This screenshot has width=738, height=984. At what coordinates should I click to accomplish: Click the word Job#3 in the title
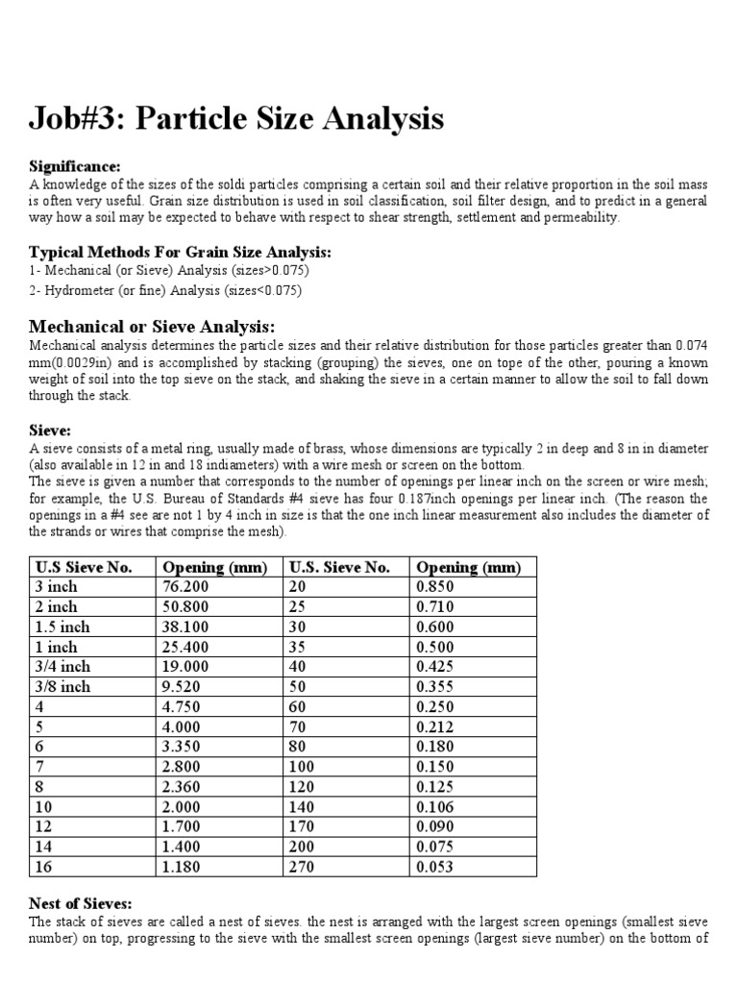[x=75, y=119]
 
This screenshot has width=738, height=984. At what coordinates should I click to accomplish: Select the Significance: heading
[x=75, y=166]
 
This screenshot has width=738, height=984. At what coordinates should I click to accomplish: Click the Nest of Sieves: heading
[x=81, y=903]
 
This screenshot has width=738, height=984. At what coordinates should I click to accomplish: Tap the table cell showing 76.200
[x=185, y=586]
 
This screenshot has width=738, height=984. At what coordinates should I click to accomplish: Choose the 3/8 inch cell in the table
[x=62, y=687]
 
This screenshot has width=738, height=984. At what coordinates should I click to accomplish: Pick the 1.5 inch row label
[x=62, y=627]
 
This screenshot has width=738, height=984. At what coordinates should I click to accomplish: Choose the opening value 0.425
[x=435, y=667]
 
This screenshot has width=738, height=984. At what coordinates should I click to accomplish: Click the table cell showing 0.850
[x=435, y=586]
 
